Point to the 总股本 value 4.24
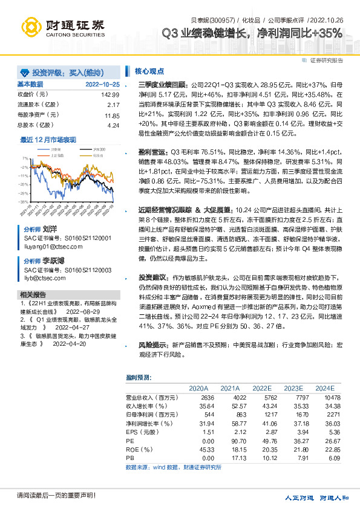[113, 125]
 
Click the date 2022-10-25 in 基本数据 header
[102, 84]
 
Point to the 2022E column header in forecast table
[262, 388]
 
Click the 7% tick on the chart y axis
[24, 158]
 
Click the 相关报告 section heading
[30, 294]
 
